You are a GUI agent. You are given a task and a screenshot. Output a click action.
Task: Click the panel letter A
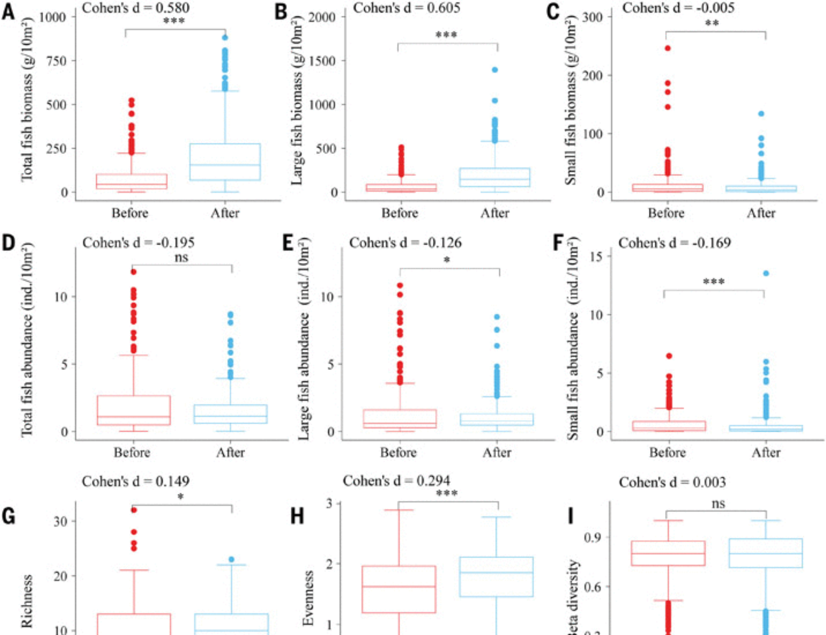pos(8,12)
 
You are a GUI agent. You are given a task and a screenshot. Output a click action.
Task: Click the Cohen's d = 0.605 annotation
pos(406,8)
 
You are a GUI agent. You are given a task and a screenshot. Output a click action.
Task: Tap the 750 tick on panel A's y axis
pos(56,61)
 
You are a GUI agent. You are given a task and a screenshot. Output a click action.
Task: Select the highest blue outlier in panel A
pos(225,38)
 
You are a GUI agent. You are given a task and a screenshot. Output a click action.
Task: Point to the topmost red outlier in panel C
pos(667,48)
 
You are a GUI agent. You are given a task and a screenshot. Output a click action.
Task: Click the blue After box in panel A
pos(225,162)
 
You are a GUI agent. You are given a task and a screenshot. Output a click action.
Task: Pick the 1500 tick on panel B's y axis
pos(322,61)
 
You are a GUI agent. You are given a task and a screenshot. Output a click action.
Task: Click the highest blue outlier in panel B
pos(495,70)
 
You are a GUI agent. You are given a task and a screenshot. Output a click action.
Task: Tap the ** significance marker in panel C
pos(712,24)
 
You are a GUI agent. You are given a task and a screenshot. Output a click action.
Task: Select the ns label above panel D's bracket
pos(181,258)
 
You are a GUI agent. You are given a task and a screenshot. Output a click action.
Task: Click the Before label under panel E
pos(398,453)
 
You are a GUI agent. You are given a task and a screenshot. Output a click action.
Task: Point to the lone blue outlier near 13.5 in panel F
pos(766,273)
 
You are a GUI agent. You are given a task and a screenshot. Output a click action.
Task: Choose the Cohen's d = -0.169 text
pos(674,243)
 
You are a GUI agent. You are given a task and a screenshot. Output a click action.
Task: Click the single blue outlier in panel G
pos(231,559)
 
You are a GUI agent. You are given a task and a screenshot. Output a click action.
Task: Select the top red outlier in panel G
pos(134,510)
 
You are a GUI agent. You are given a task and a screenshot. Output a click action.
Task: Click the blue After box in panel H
pos(496,577)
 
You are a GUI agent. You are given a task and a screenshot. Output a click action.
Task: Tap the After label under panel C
pos(761,213)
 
